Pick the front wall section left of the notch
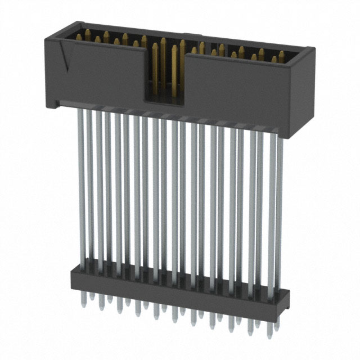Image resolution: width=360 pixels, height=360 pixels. click(101, 73)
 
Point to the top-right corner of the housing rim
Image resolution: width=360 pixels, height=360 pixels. click(313, 49)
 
